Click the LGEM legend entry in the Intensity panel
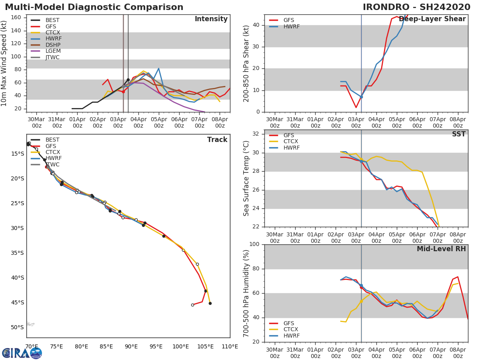tap(46, 51)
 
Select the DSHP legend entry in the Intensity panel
tap(46, 45)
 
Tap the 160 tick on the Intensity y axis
tap(16, 17)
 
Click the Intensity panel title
tap(211, 19)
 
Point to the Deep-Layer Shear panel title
tap(432, 19)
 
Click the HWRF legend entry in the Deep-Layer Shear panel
tap(284, 26)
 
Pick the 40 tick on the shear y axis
tap(256, 25)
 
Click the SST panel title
tap(459, 134)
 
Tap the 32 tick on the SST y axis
tap(256, 134)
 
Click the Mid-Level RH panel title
tap(441, 249)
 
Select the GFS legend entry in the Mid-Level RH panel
tap(282, 323)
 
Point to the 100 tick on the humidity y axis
tap(254, 244)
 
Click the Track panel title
tap(217, 140)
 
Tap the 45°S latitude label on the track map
tap(18, 302)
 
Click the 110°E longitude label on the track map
tap(230, 346)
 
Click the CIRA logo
tap(22, 353)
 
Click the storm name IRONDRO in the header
tap(386, 7)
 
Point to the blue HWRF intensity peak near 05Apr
tap(158, 68)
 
